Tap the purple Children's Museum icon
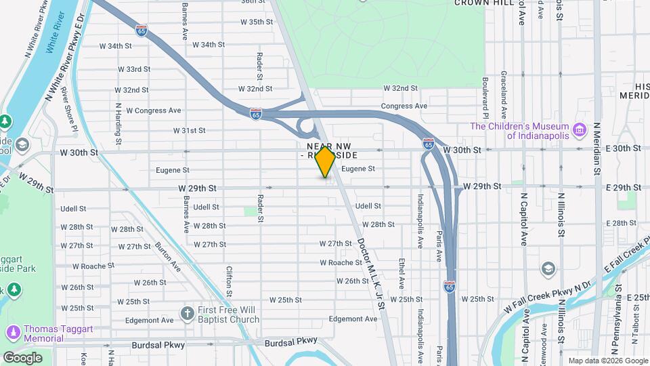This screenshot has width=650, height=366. click(578, 129)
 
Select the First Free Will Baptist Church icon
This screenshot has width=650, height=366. click(188, 314)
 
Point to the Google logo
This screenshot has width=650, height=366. click(22, 357)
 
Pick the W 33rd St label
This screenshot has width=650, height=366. click(133, 69)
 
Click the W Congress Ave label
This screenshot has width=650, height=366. click(154, 110)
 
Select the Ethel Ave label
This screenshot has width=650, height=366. click(402, 272)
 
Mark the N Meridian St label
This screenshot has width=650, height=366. click(597, 148)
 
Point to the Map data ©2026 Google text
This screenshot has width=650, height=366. click(607, 361)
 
